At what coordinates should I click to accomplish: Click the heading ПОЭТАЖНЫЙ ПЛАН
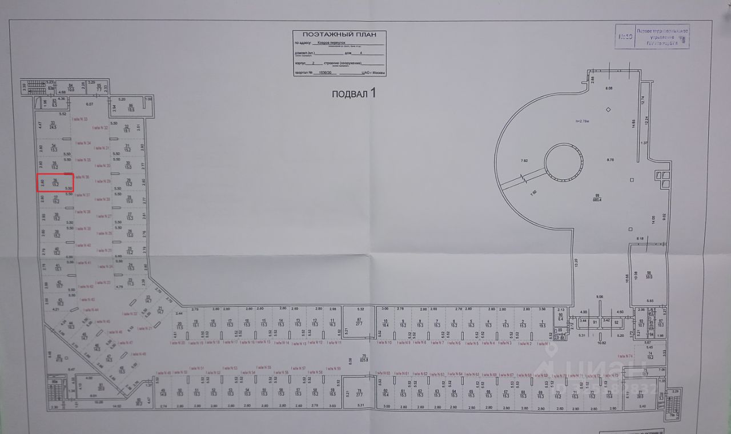coord(339,34)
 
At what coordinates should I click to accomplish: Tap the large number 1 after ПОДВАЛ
coord(373,92)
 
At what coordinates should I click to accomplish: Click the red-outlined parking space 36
coord(55,183)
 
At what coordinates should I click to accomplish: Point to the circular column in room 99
coord(564,161)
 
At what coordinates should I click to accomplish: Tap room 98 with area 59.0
coord(648,275)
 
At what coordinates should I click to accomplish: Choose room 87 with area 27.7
coord(359,322)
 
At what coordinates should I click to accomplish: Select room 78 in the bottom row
coord(359,392)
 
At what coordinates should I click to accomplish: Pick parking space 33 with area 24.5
coord(53,125)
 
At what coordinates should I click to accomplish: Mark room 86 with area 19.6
coord(131,108)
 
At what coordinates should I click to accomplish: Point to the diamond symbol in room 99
coord(609,109)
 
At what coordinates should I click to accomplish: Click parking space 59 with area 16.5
coord(332,392)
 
